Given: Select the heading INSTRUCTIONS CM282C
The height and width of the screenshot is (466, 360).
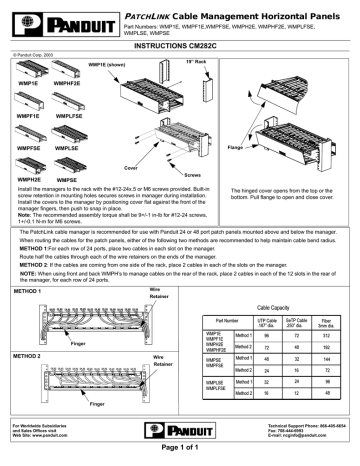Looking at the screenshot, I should [181, 46].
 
